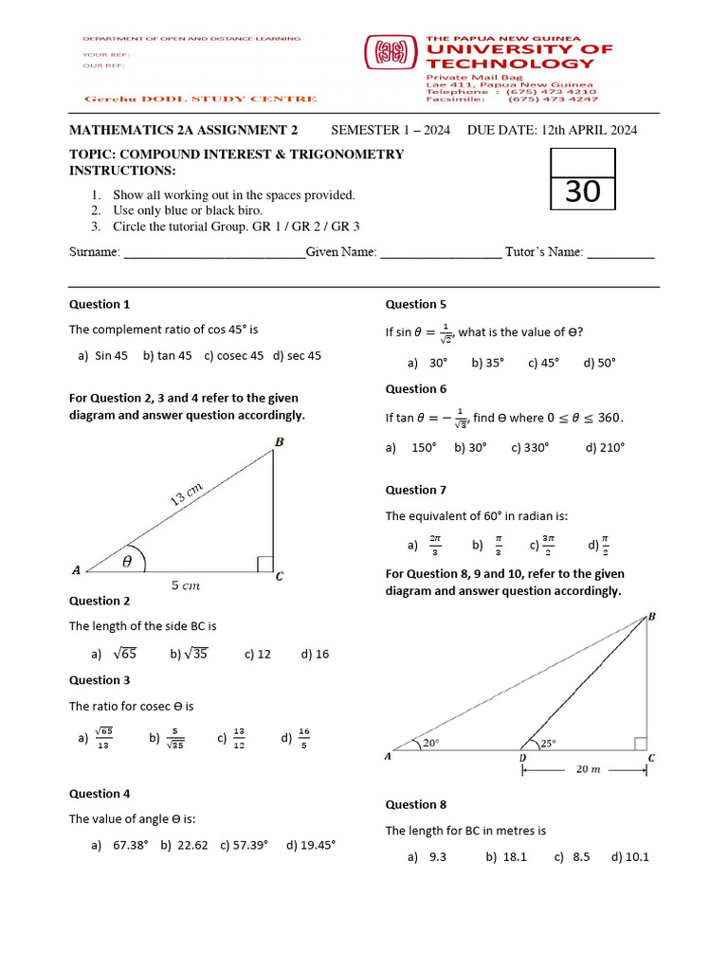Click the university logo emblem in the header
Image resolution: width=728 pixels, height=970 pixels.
tap(391, 53)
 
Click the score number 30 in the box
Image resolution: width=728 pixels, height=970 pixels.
tap(583, 192)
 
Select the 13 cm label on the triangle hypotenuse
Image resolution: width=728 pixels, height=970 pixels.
tap(188, 494)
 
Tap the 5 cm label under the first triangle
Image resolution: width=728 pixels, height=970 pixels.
tap(186, 586)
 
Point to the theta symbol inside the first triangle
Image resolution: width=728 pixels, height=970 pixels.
tap(127, 561)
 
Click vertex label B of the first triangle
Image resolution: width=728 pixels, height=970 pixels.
tap(279, 442)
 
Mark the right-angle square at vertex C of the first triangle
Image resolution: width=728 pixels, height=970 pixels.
tap(264, 565)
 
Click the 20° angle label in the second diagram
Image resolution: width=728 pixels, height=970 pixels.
tap(431, 744)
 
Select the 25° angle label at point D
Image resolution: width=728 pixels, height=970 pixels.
tap(548, 744)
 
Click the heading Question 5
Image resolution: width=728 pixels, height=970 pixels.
tap(415, 304)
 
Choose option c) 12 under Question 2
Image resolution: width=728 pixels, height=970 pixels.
tap(257, 654)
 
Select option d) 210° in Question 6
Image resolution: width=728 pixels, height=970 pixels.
tap(605, 447)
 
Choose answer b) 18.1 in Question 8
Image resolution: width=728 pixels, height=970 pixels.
tap(505, 856)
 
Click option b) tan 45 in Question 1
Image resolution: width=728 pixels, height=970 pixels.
tap(167, 355)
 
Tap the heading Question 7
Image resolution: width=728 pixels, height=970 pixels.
tap(415, 490)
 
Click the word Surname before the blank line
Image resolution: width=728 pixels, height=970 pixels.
tap(95, 253)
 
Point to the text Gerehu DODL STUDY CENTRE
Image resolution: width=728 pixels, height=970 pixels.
tap(201, 99)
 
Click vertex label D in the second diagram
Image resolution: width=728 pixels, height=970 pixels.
tap(522, 758)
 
